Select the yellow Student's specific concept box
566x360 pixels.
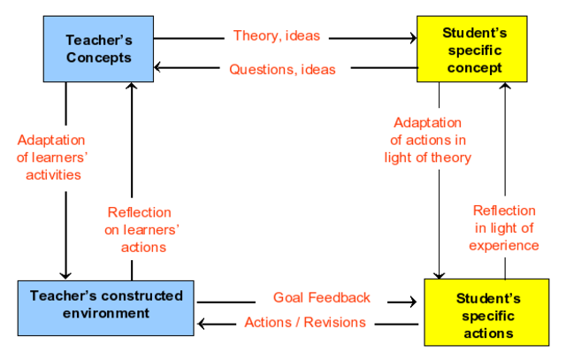click(x=473, y=50)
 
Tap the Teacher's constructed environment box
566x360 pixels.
click(x=105, y=305)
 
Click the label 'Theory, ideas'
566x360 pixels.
click(x=276, y=36)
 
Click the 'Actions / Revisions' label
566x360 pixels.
click(x=306, y=323)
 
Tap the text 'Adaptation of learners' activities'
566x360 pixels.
click(x=51, y=157)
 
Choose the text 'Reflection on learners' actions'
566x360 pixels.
click(x=139, y=229)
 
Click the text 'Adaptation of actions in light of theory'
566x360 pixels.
click(x=427, y=140)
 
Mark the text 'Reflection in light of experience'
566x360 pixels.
click(x=504, y=227)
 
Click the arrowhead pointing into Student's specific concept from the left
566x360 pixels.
click(x=411, y=38)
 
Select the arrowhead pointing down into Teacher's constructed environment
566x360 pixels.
click(x=64, y=272)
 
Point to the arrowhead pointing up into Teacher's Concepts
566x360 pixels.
click(x=132, y=87)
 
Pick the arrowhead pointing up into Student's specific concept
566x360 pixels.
click(x=506, y=87)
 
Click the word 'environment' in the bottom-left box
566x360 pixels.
click(x=106, y=313)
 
